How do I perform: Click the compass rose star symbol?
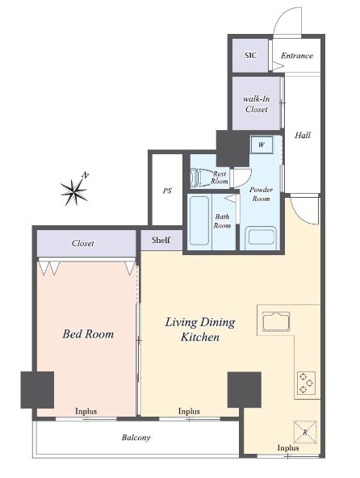[73, 192]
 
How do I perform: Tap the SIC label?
[250, 56]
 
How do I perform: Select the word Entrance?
[297, 56]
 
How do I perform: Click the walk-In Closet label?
[257, 104]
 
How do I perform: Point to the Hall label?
[303, 135]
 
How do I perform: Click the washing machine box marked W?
[262, 145]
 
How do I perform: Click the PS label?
[167, 191]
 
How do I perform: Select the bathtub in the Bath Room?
[199, 220]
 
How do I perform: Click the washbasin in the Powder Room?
[261, 237]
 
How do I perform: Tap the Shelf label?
[161, 240]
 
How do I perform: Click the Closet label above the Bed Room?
[82, 243]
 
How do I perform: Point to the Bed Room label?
[88, 334]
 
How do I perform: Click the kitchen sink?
[276, 321]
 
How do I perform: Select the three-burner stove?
[306, 383]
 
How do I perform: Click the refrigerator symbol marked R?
[305, 432]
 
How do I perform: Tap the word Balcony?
[136, 438]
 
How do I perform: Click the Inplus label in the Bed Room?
[86, 411]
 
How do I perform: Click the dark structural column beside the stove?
[245, 390]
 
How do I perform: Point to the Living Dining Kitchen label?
[200, 329]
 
